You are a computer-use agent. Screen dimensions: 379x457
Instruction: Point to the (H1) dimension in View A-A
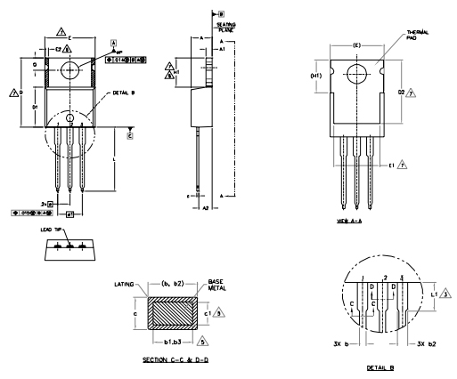(x=314, y=77)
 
